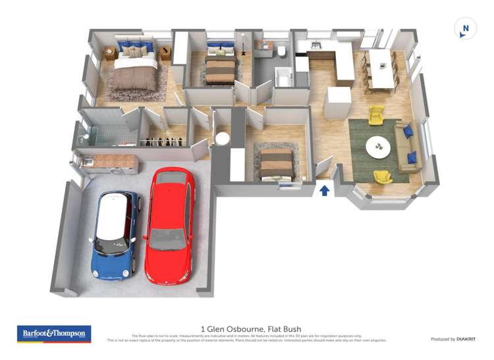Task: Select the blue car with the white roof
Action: [x=115, y=231]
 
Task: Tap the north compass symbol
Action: [x=466, y=28]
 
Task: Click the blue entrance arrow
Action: [x=324, y=190]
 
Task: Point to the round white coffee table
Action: [x=378, y=145]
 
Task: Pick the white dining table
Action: [x=383, y=68]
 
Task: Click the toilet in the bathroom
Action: [x=282, y=51]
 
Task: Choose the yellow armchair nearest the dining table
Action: [x=376, y=115]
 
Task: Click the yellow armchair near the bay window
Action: [x=383, y=176]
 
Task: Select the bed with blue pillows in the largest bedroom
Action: [x=136, y=66]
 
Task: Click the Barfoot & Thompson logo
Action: [x=54, y=333]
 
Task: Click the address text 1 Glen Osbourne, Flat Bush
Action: [x=247, y=327]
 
